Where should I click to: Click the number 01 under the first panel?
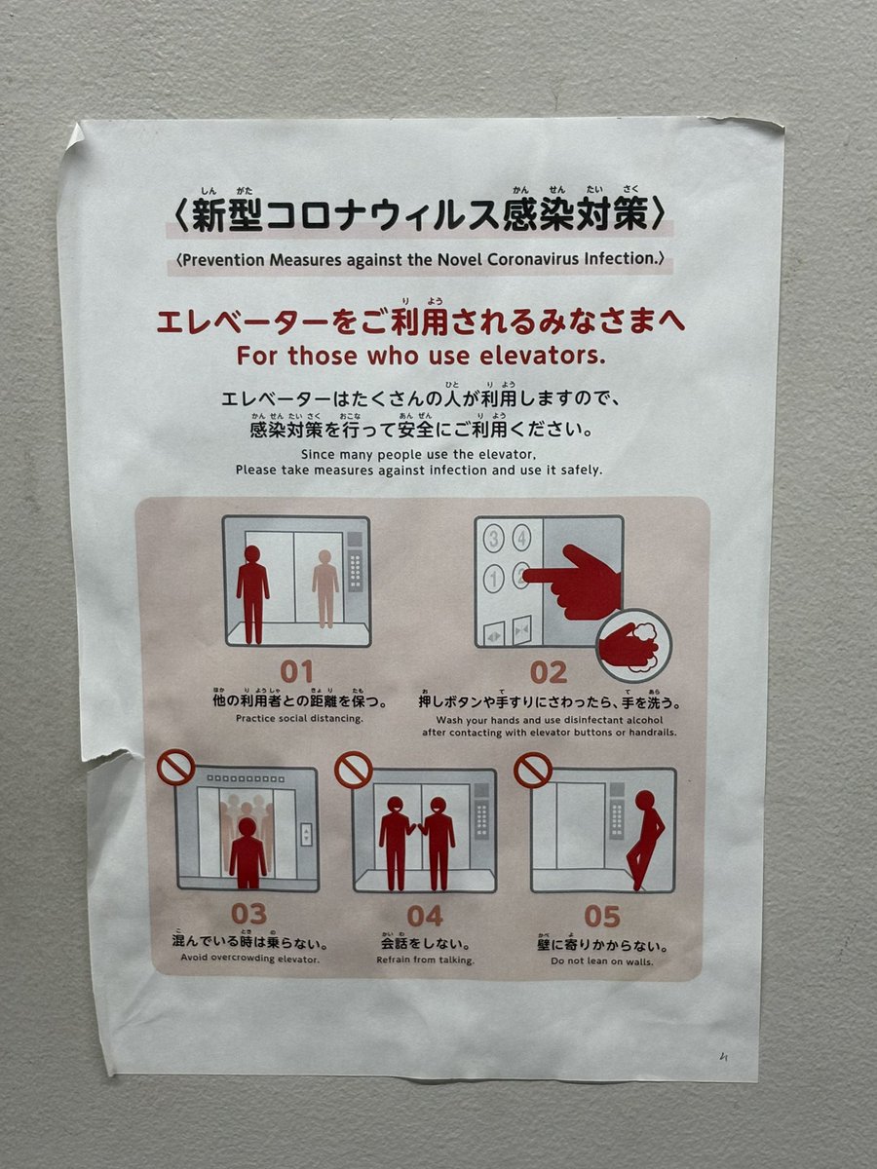click(x=296, y=671)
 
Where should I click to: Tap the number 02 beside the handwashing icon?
click(x=549, y=672)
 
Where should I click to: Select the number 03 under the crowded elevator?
click(x=248, y=914)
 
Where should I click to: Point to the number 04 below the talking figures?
click(x=425, y=916)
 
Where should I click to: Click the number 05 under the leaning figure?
click(x=602, y=916)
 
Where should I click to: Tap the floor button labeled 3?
click(x=494, y=539)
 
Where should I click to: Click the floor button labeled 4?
click(x=521, y=538)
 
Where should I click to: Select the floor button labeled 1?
click(x=494, y=579)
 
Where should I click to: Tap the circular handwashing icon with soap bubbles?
click(x=633, y=646)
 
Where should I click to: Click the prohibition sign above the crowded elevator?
click(x=175, y=768)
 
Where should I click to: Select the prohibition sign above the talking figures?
click(x=353, y=770)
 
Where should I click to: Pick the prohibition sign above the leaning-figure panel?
click(x=532, y=770)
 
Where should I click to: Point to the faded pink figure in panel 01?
click(x=324, y=588)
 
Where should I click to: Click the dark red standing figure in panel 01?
click(x=252, y=594)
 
